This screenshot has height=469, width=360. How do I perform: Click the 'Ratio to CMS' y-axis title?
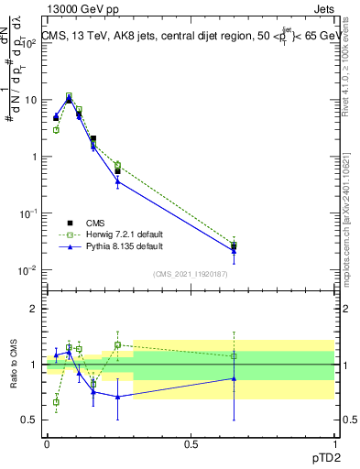click(x=16, y=364)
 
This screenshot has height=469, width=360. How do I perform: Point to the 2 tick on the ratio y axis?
click(x=35, y=309)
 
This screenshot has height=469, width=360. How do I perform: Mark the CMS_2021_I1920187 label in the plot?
click(x=191, y=273)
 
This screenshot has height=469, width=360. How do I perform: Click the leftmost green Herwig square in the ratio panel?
click(x=56, y=402)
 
